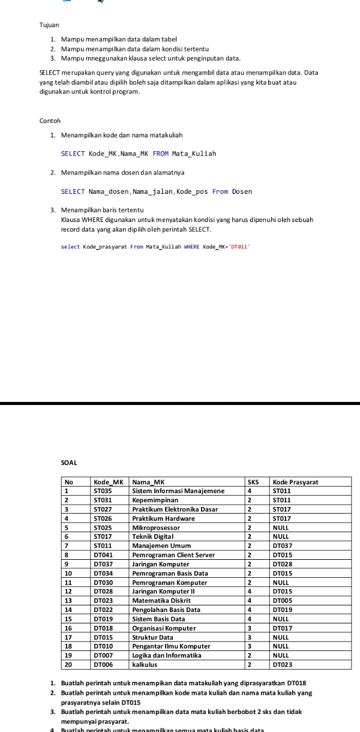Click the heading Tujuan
49,26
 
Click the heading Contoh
50,121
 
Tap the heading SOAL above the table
70,463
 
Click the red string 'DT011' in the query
238,247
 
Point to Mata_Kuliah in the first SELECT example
194,154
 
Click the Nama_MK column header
148,482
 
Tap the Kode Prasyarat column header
295,482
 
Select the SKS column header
253,482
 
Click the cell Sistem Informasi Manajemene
178,491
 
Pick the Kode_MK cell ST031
103,500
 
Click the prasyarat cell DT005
282,601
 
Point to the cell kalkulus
146,665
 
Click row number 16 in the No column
69,628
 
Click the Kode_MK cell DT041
103,555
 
